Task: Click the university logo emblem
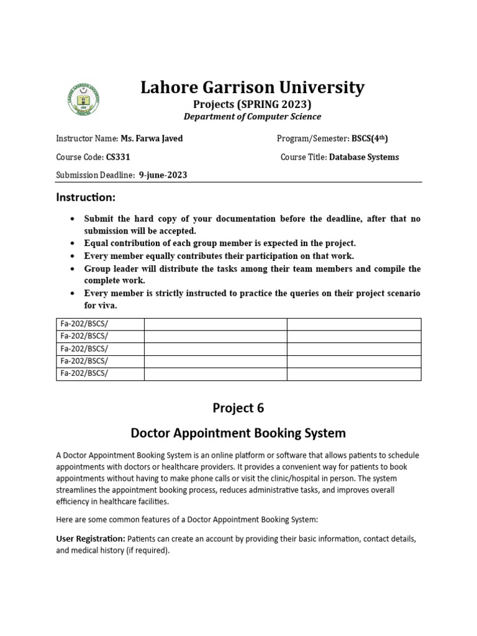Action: [x=83, y=98]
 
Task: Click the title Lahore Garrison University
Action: [x=252, y=88]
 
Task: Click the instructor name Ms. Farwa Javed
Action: [x=152, y=139]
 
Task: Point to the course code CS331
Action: [x=118, y=157]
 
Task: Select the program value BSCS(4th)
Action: [x=361, y=139]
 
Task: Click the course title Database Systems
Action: [x=364, y=157]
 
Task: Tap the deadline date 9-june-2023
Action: [x=163, y=175]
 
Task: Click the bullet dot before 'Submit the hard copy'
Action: [x=73, y=219]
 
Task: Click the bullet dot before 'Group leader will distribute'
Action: [x=73, y=269]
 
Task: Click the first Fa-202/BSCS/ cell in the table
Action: [x=84, y=324]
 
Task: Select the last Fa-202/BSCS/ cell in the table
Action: [x=84, y=373]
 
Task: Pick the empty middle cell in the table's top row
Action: [x=215, y=324]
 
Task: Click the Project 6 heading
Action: [x=238, y=408]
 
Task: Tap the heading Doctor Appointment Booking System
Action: [x=238, y=432]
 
